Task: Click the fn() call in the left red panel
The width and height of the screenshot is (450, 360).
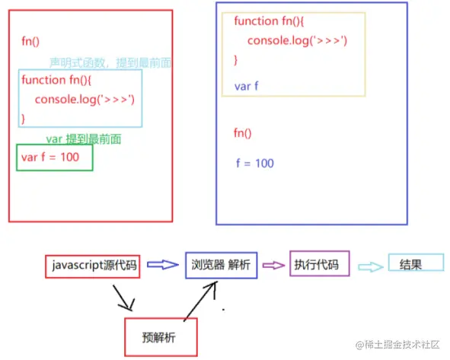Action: point(31,42)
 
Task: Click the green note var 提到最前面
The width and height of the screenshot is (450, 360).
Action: point(84,139)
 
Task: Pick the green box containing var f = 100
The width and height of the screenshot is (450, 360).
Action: point(55,158)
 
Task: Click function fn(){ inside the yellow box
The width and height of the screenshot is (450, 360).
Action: point(270,21)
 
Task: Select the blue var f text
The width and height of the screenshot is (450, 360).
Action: point(247,86)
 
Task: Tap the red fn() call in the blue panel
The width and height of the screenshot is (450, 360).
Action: point(242,133)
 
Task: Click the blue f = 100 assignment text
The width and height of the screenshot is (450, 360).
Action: point(255,163)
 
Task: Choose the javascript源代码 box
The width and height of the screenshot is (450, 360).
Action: point(93,266)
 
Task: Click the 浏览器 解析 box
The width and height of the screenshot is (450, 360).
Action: point(222,265)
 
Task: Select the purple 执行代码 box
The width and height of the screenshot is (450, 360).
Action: point(319,265)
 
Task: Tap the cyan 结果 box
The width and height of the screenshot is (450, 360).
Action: point(416,263)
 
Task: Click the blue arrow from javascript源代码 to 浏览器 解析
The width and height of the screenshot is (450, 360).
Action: point(161,265)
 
